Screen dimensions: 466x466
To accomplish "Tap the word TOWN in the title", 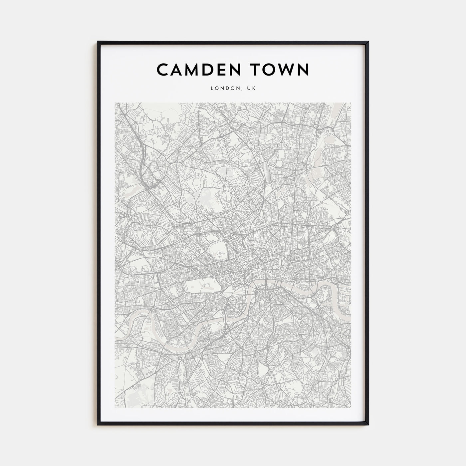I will tap(281, 70).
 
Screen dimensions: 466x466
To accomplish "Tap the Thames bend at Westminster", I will tap(250, 293).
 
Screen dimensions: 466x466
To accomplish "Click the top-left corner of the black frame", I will tap(98, 42).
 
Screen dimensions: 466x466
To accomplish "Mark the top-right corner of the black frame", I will tap(368, 42).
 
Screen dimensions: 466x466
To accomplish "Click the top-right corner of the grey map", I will tap(351, 103).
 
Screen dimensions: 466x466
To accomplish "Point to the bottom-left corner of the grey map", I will tap(115, 408).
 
